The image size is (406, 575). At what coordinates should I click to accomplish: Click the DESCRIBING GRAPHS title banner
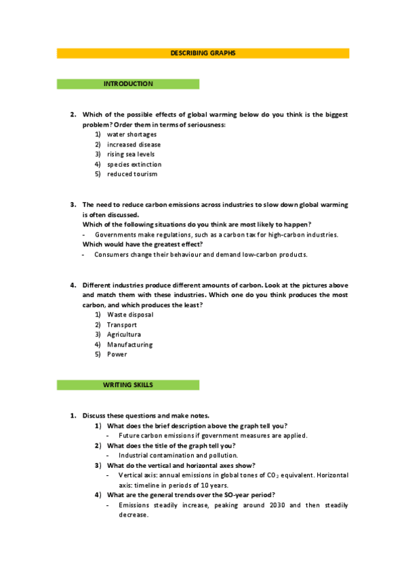(x=203, y=53)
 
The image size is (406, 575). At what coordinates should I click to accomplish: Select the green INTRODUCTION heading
(x=128, y=84)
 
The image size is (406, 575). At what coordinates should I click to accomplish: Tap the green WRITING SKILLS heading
(x=128, y=385)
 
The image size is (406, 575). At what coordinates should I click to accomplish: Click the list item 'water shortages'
(x=131, y=134)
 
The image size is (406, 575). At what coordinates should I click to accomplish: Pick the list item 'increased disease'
(x=134, y=144)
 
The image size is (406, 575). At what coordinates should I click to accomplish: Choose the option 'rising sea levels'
(x=131, y=154)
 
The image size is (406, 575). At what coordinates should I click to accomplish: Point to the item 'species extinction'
(x=134, y=164)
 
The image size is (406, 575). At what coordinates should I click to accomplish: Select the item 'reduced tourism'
(x=131, y=174)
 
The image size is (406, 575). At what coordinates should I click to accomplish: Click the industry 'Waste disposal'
(x=130, y=315)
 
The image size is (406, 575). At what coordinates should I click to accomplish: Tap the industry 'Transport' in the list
(x=122, y=325)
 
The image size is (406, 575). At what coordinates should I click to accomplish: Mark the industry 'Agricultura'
(x=124, y=334)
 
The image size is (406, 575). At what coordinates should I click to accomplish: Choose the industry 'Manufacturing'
(x=129, y=344)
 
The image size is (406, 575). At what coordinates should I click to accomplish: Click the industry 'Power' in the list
(x=117, y=354)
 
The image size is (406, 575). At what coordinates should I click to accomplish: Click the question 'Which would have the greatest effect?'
(x=142, y=244)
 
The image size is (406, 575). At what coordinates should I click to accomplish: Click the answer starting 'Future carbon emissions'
(x=213, y=435)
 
